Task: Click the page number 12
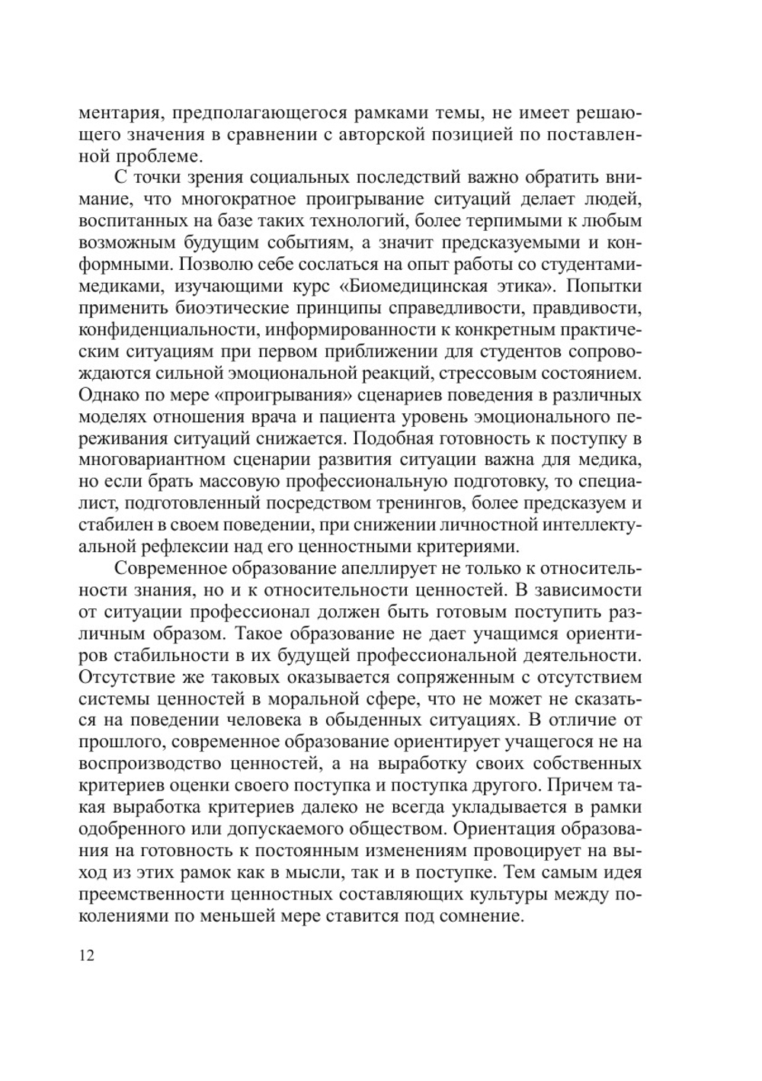coord(86,955)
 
